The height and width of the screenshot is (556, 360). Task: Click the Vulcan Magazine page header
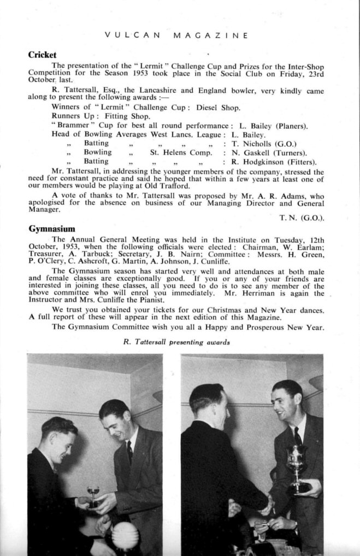point(176,36)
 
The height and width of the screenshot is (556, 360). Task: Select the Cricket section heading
point(43,55)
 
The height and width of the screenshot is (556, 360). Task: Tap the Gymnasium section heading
point(52,229)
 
